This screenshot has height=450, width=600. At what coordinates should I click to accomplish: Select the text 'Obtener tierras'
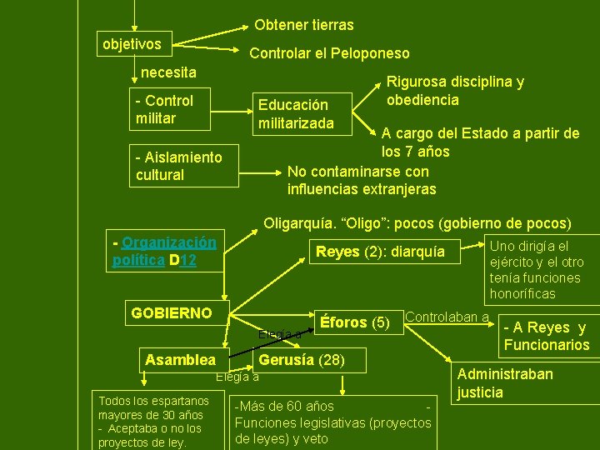pyautogui.click(x=304, y=25)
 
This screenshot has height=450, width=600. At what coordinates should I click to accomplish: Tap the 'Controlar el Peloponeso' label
pyautogui.click(x=330, y=53)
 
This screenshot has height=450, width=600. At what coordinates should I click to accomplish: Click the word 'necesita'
pyautogui.click(x=169, y=72)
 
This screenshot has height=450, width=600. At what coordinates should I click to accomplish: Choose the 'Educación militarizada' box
pyautogui.click(x=297, y=114)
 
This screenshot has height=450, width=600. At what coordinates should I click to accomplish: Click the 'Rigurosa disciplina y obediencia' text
pyautogui.click(x=454, y=91)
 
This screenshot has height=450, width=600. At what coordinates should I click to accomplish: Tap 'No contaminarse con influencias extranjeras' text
pyautogui.click(x=361, y=180)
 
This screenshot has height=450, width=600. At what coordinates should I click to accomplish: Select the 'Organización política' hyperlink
pyautogui.click(x=163, y=251)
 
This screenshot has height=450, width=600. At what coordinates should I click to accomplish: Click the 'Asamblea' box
pyautogui.click(x=180, y=360)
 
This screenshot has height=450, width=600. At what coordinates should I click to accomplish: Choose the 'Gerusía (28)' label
pyautogui.click(x=301, y=360)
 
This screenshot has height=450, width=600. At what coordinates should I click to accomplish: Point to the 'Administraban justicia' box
pyautogui.click(x=504, y=382)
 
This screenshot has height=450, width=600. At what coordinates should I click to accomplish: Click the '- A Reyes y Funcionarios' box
pyautogui.click(x=546, y=336)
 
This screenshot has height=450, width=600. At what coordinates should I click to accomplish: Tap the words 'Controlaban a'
pyautogui.click(x=447, y=317)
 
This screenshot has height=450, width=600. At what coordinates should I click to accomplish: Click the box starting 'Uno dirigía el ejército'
pyautogui.click(x=536, y=269)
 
